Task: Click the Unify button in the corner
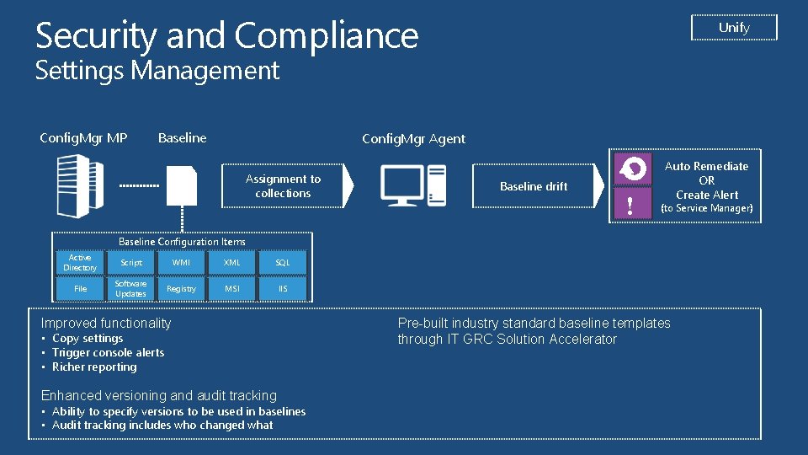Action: pos(734,28)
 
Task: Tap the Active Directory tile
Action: pos(80,263)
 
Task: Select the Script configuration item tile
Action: pos(131,263)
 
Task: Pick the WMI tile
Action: pos(181,263)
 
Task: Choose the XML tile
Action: pos(232,263)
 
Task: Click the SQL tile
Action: pos(283,263)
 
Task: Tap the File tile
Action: pos(80,289)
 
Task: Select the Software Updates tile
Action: pos(131,289)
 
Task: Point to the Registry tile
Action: pos(181,289)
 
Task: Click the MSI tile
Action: pos(232,289)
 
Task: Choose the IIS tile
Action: pos(283,289)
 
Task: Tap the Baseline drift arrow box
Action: pos(534,186)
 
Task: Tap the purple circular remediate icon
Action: pos(632,169)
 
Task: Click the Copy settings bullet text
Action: pos(88,339)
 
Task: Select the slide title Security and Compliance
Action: pos(227,36)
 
